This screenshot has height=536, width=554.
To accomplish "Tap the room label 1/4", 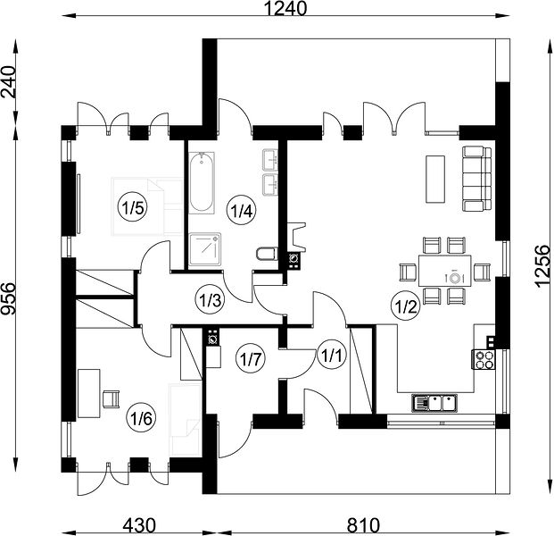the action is coord(241,211).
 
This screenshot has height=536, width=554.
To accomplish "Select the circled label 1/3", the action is coord(210,300).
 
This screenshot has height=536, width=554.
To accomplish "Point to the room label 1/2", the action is coord(406,306).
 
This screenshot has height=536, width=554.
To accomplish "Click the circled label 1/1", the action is coord(331,356).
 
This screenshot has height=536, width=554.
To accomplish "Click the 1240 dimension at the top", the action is coord(285,9).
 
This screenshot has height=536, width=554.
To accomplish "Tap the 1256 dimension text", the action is coord(542,266).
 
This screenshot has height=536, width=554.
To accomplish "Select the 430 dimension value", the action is coord(139,525).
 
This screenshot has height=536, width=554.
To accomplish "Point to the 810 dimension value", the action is coord(363,525).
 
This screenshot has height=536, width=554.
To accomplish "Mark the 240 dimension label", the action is coord(9,81).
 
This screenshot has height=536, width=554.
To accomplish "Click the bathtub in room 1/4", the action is coord(201,183).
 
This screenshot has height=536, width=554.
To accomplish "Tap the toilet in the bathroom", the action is coord(267,255).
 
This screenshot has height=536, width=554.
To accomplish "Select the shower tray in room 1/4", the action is coord(204,249).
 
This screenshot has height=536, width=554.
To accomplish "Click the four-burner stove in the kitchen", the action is coord(483,359).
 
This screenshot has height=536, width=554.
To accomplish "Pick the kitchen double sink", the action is coord(434,403).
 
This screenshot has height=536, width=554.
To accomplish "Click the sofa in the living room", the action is coord(476,180).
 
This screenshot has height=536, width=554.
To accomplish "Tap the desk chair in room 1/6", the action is coord(111,399).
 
